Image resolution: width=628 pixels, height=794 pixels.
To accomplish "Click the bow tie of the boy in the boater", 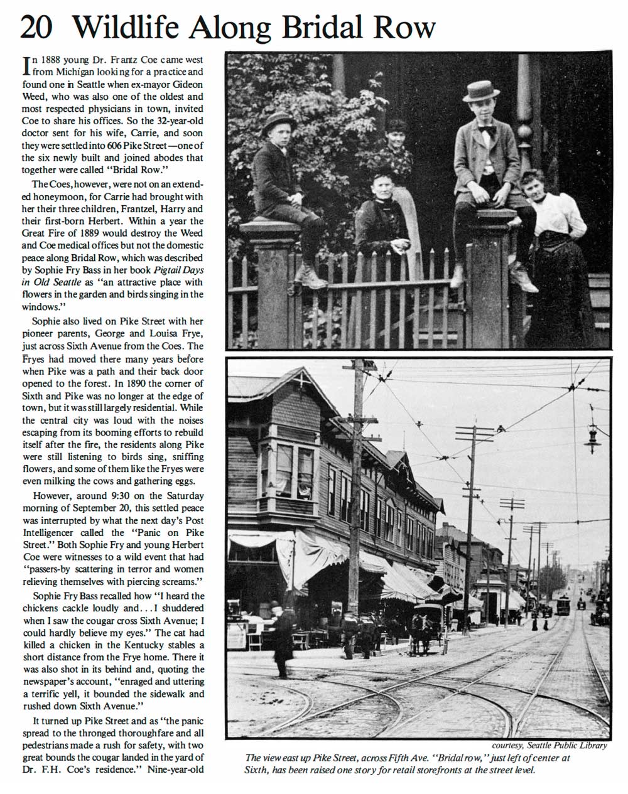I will coord(487,132).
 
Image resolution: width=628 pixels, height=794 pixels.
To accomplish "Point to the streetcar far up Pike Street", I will coord(563,604).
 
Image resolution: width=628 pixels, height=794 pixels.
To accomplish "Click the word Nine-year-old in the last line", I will coord(176,769).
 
